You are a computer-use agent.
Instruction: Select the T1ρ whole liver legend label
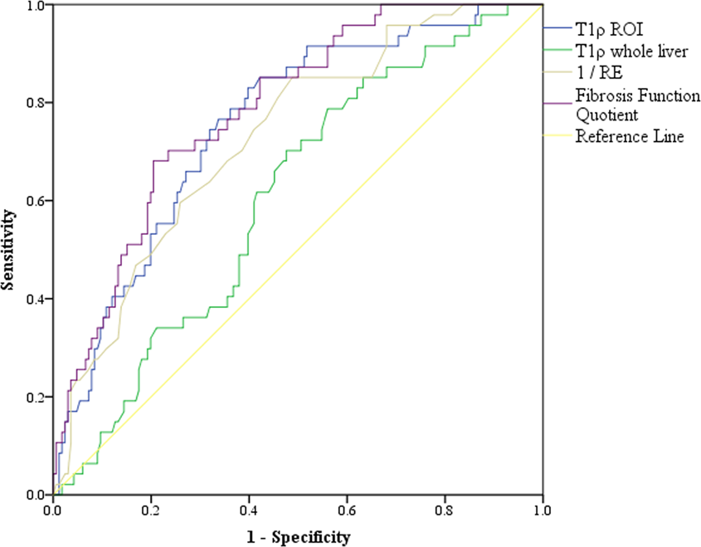(x=630, y=51)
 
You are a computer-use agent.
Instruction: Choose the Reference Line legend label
(x=630, y=137)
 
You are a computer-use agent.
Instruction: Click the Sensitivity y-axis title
(x=9, y=249)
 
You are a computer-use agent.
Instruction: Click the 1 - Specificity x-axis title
(x=298, y=537)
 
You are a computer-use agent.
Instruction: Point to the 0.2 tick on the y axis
(x=36, y=397)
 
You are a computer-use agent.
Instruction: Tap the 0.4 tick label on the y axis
(x=36, y=299)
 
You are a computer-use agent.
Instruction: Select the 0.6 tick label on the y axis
(x=36, y=201)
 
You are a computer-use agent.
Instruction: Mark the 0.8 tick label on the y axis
(x=36, y=103)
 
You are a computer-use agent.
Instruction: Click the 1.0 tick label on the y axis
(x=36, y=6)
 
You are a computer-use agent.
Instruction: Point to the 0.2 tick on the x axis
(x=151, y=508)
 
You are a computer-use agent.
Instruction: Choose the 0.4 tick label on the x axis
(x=249, y=508)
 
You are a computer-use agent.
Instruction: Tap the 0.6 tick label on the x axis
(x=347, y=508)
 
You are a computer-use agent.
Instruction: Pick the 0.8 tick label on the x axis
(x=445, y=508)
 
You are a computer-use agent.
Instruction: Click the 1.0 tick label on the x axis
(x=543, y=508)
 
